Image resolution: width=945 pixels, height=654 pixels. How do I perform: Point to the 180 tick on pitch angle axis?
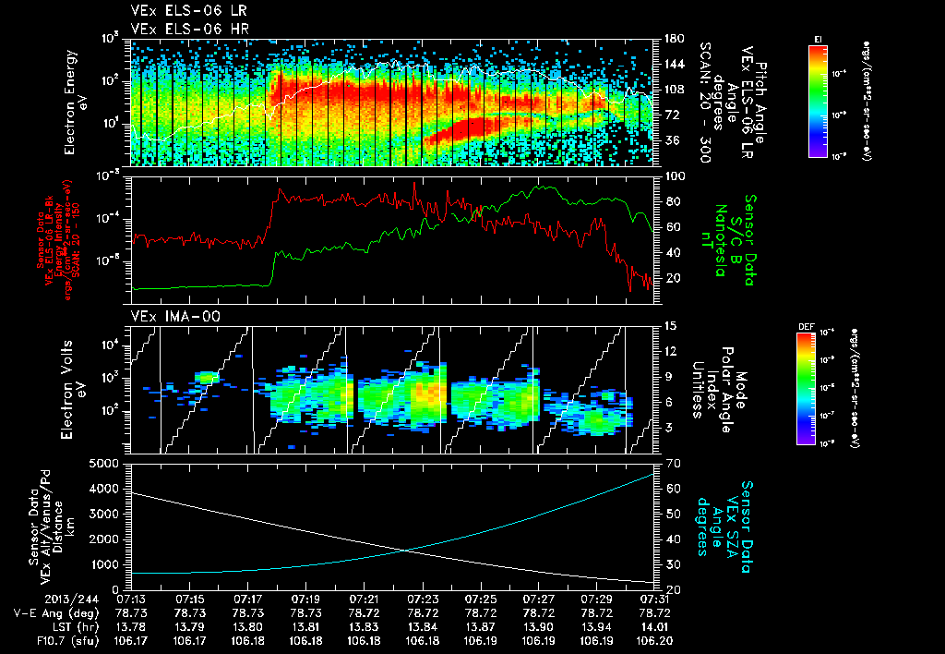[673, 39]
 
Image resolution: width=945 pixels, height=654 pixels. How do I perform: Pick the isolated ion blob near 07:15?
[206, 377]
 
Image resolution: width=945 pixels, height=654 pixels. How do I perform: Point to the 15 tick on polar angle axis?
[671, 326]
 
